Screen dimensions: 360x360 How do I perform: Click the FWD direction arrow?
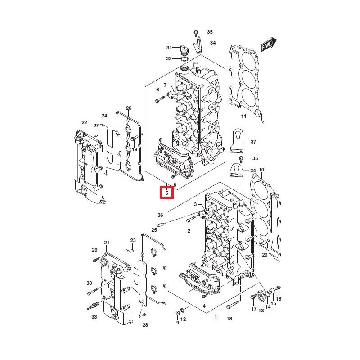(268, 45)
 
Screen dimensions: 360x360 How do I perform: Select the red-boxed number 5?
(166, 193)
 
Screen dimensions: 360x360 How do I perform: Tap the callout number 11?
(243, 117)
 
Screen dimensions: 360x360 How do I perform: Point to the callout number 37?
(253, 142)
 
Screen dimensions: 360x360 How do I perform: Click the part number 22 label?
(84, 122)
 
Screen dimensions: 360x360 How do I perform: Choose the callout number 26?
(129, 108)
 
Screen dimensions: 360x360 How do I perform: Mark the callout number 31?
(169, 48)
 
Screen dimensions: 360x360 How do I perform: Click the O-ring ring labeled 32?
(184, 58)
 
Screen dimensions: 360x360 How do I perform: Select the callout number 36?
(160, 216)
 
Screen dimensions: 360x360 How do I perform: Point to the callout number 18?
(229, 319)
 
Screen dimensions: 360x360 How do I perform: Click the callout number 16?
(279, 299)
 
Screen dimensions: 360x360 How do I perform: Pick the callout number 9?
(177, 322)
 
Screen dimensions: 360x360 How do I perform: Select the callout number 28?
(145, 325)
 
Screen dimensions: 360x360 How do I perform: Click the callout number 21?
(107, 243)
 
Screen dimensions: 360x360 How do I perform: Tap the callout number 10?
(261, 170)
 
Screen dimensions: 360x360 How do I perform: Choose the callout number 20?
(265, 255)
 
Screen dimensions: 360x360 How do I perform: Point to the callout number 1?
(216, 317)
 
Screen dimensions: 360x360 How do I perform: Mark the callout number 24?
(104, 116)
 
